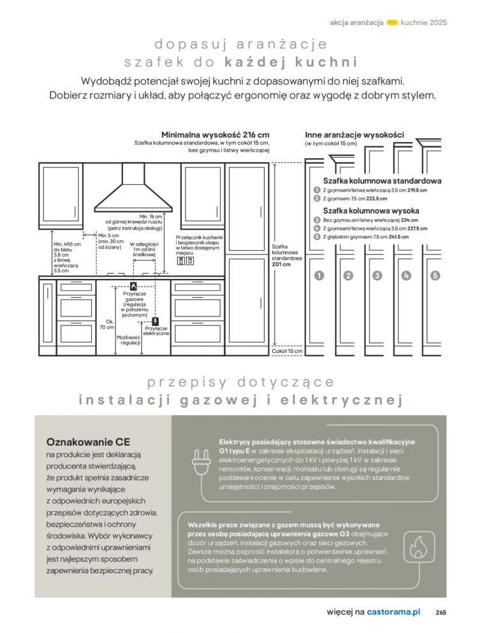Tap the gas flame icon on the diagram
pos(133,286)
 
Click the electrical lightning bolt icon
pos(156,322)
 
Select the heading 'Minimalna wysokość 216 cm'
pos(215,135)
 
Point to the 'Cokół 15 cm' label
pos(287,351)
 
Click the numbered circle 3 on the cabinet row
pos(377,276)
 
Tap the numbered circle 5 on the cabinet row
pos(435,276)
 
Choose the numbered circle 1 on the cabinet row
pos(319,276)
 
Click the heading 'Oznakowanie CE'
pos(79,442)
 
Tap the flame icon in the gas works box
pos(419,546)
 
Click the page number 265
pos(441,612)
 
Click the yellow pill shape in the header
pos(393,22)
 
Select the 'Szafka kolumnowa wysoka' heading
pos(370,211)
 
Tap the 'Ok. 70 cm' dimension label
pos(107,324)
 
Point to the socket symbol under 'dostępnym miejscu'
pos(186,260)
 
